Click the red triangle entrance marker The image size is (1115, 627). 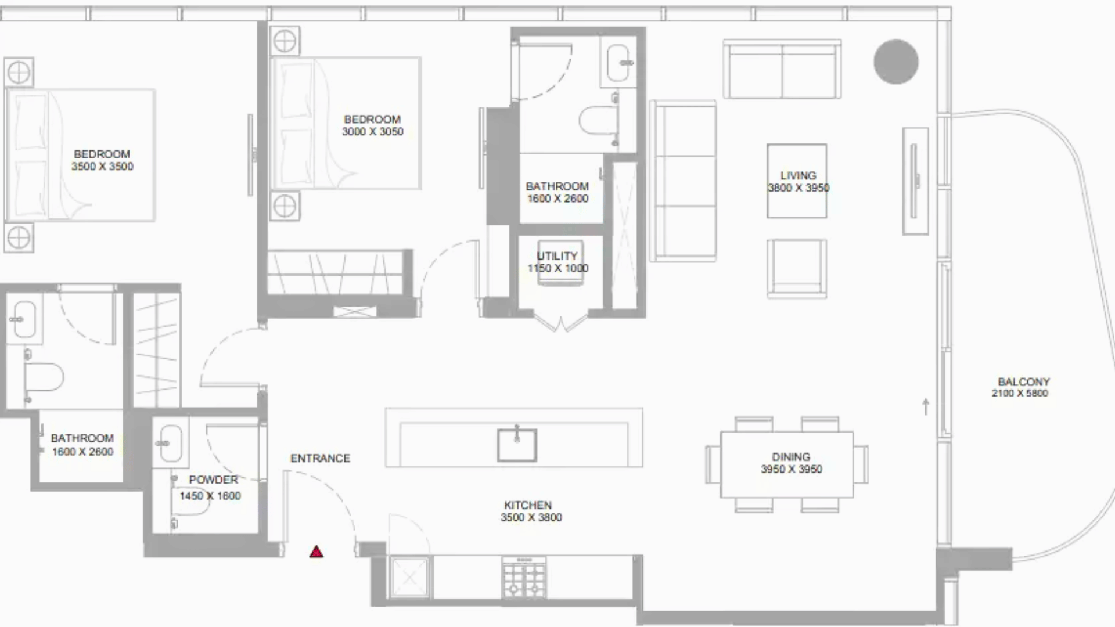[316, 552]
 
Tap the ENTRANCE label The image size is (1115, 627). [321, 459]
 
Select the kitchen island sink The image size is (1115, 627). [517, 445]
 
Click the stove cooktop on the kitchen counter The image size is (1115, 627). [524, 578]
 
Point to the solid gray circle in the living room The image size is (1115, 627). [896, 62]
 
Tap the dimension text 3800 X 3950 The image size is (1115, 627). [799, 188]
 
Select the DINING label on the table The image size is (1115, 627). [791, 457]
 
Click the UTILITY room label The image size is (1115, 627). [557, 256]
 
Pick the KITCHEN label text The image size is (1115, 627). [528, 505]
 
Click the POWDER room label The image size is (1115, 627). [213, 480]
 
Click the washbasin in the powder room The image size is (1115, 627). [171, 443]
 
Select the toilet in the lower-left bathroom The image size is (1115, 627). [44, 377]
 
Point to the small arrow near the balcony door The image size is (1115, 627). [926, 406]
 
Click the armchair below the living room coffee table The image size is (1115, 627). [797, 268]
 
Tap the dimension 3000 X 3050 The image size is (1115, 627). [373, 132]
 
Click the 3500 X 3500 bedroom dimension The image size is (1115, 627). [102, 167]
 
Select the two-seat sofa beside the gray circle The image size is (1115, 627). [782, 69]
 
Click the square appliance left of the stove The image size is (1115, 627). [410, 578]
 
